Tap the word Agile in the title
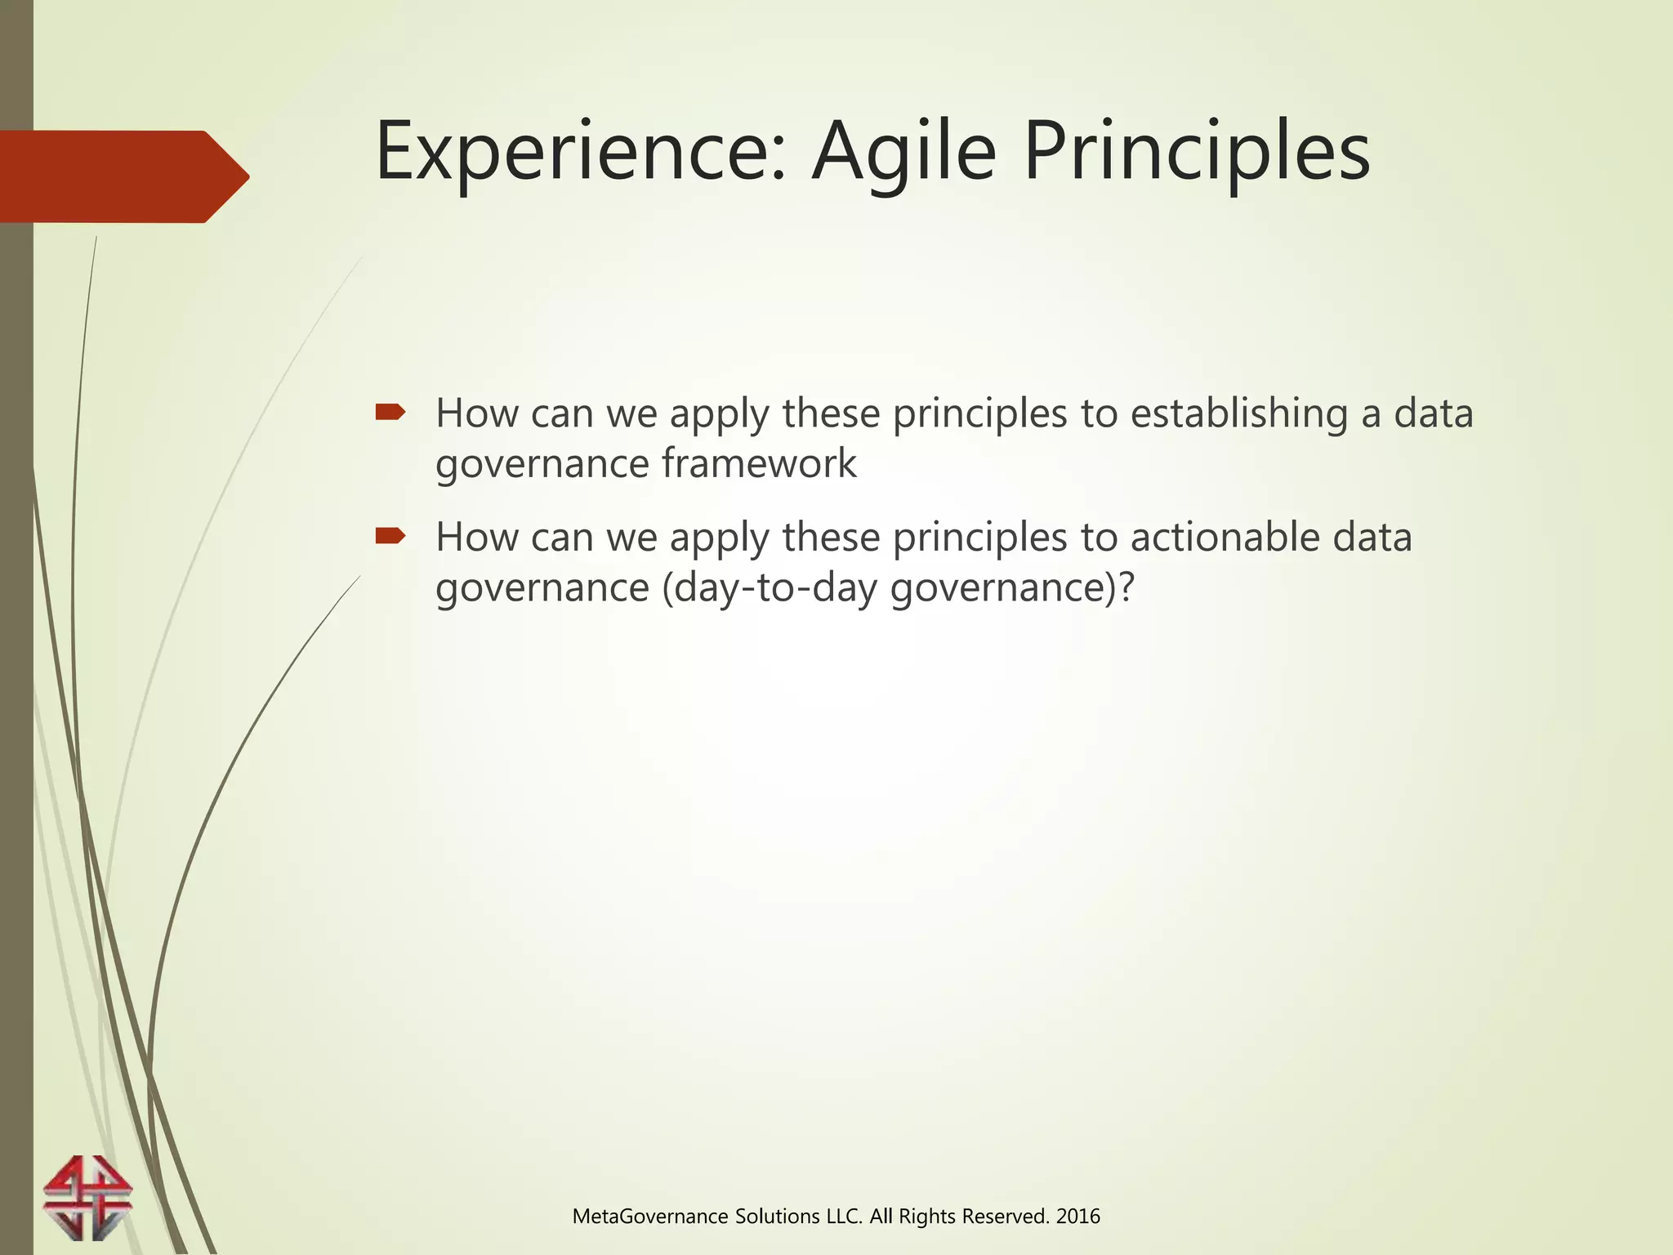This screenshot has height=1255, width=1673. (903, 153)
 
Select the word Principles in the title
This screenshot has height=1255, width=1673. (1196, 153)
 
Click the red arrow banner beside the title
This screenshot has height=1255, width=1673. (123, 176)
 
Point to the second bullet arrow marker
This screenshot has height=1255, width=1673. (390, 536)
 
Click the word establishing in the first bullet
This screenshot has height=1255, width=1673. (1238, 413)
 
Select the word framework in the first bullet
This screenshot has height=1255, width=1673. (759, 464)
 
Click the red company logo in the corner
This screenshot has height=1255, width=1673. (87, 1196)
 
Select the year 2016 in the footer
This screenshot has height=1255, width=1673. (1077, 1217)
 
